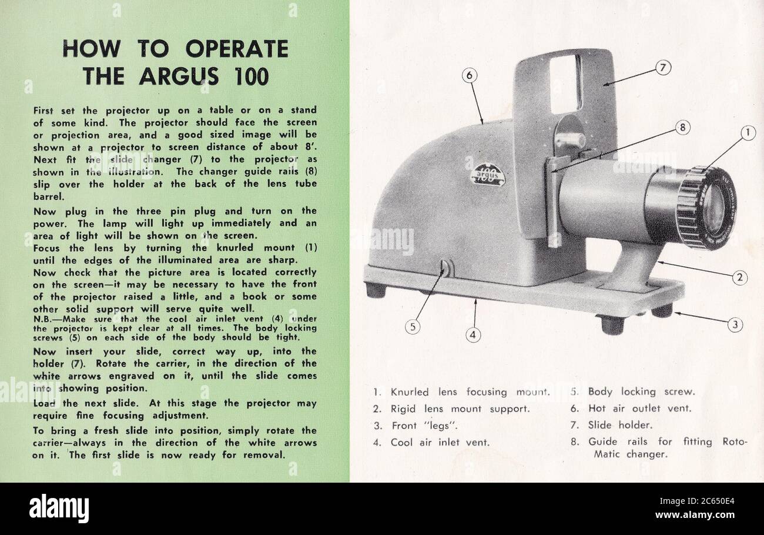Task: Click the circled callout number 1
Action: tap(747, 133)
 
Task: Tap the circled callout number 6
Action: tap(469, 75)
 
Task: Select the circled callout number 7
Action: tap(663, 68)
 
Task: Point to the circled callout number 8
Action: tap(682, 127)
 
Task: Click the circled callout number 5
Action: tap(413, 327)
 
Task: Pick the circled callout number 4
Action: tap(473, 335)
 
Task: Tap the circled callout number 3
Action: tap(735, 323)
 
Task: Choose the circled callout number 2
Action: tap(739, 277)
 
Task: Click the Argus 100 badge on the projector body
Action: tap(488, 174)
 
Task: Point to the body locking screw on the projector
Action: tap(446, 269)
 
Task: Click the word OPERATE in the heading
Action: tap(237, 49)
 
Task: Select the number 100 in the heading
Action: tap(252, 76)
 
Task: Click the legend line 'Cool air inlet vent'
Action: tap(440, 442)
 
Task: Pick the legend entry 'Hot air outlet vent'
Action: tap(639, 408)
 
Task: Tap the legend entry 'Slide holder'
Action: tap(620, 424)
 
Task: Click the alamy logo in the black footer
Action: tap(59, 509)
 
